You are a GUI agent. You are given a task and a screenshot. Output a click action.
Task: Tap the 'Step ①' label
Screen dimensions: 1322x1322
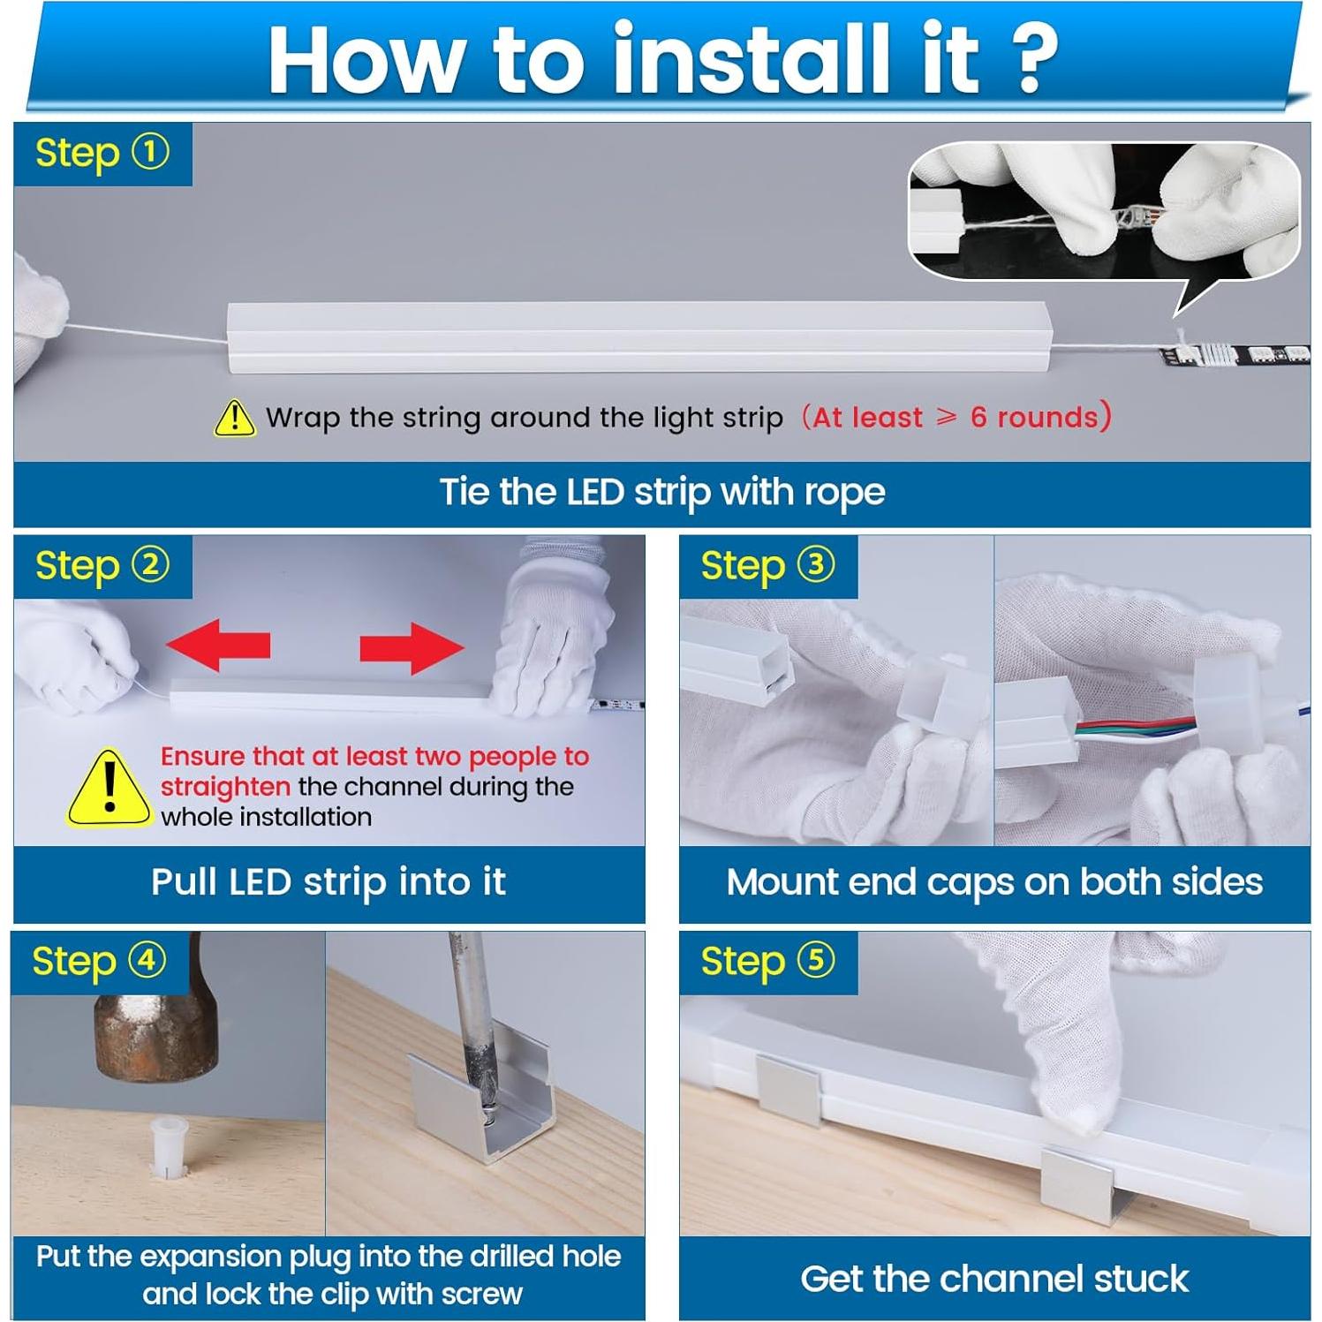[x=102, y=154]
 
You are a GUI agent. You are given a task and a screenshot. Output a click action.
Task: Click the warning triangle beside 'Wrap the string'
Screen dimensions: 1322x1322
[x=235, y=418]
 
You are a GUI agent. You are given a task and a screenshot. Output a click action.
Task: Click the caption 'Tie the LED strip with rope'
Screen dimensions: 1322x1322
[x=661, y=493]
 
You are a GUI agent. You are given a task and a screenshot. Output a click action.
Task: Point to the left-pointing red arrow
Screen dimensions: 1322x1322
[x=218, y=645]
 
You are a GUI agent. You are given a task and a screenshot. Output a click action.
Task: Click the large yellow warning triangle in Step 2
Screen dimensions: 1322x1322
[x=109, y=789]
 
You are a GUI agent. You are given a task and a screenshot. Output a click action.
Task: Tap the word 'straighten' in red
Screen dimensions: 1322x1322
[x=225, y=786]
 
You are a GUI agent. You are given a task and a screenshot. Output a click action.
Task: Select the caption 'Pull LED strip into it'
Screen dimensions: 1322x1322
[x=329, y=882]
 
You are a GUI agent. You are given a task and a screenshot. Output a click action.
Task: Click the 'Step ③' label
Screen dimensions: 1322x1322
[x=767, y=566]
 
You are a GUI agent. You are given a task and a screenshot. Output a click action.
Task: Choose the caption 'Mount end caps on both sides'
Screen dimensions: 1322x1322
[x=994, y=882]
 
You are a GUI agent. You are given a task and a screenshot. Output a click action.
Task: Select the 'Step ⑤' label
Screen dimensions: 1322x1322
[x=767, y=962]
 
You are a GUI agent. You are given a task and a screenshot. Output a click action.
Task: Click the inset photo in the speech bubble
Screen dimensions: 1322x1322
[x=1104, y=212]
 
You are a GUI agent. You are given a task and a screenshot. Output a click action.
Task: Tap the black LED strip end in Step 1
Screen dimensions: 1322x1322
[x=1236, y=356]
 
